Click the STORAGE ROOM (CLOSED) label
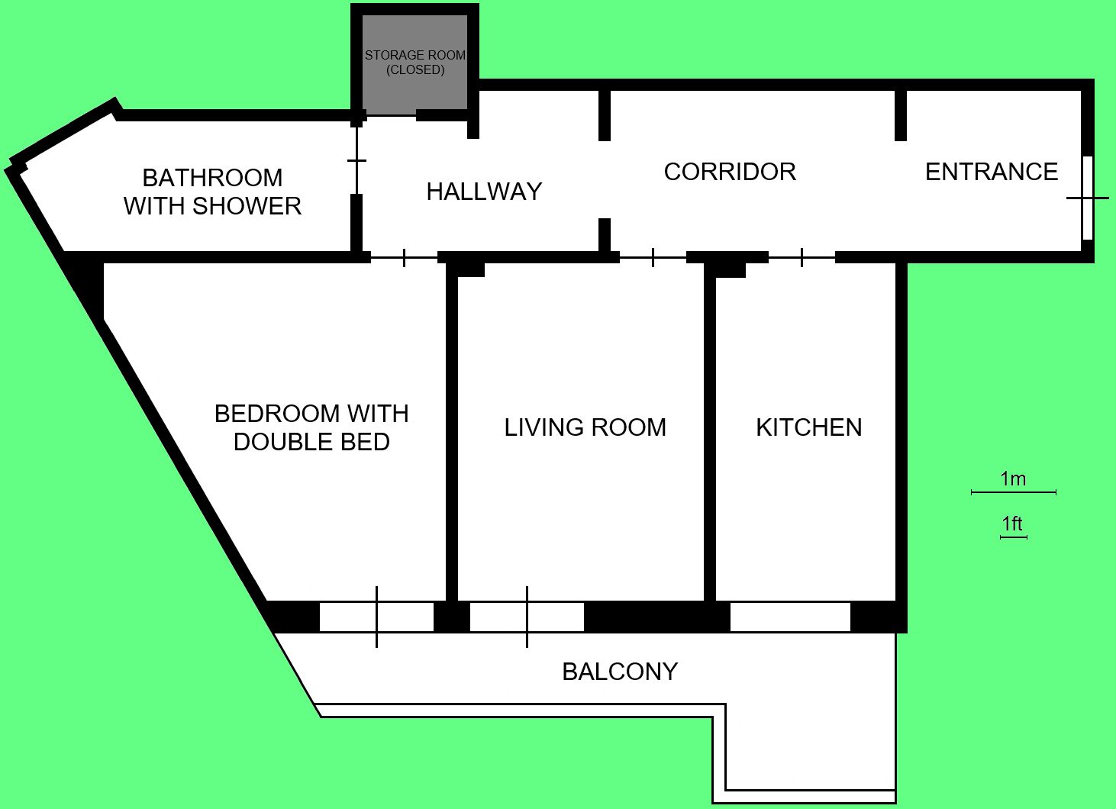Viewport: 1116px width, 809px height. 415,63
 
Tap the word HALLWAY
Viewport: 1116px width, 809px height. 484,192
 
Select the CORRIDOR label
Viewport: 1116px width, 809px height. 730,172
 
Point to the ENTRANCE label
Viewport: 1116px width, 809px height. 992,172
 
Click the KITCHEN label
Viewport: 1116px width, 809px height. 808,427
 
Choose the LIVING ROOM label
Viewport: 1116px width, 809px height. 585,427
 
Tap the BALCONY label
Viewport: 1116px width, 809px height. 620,672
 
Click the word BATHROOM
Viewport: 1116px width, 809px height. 212,178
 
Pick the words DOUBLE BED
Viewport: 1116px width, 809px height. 311,442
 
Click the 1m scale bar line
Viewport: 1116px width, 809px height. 1013,492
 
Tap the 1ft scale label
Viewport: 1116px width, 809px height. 1012,524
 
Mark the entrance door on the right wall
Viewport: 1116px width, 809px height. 1087,198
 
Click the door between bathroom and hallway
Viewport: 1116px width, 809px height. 356,160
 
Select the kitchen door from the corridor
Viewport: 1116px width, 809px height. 802,258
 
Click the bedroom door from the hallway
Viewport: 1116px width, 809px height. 404,258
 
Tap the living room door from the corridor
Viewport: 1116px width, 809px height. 653,258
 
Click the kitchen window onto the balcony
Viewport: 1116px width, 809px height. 790,617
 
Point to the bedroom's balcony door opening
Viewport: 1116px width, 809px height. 376,617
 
